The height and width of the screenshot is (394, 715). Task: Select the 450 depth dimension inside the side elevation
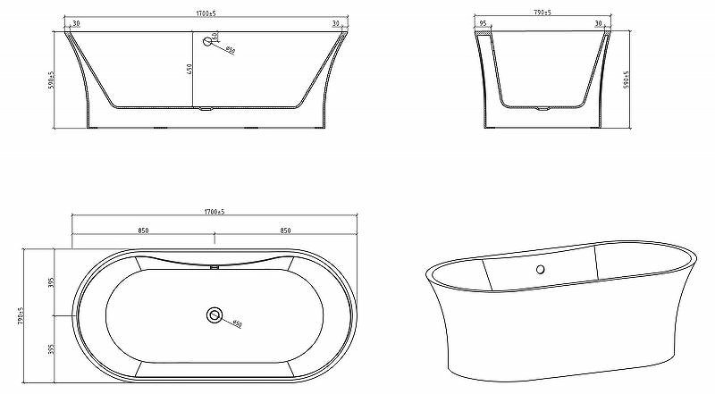(x=190, y=70)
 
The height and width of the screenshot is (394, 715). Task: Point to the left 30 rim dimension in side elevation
(x=76, y=23)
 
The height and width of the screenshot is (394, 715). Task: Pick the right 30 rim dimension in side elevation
(x=335, y=23)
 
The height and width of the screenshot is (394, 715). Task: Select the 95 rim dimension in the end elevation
(x=483, y=24)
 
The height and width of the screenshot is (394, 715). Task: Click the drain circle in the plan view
(x=214, y=314)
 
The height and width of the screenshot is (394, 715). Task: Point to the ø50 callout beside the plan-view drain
(x=237, y=323)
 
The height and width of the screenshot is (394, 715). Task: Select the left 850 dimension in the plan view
(x=143, y=231)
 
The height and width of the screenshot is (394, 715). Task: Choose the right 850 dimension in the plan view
(x=285, y=231)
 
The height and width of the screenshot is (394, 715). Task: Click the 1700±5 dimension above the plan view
(x=214, y=211)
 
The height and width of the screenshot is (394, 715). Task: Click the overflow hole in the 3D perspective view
(x=540, y=269)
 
